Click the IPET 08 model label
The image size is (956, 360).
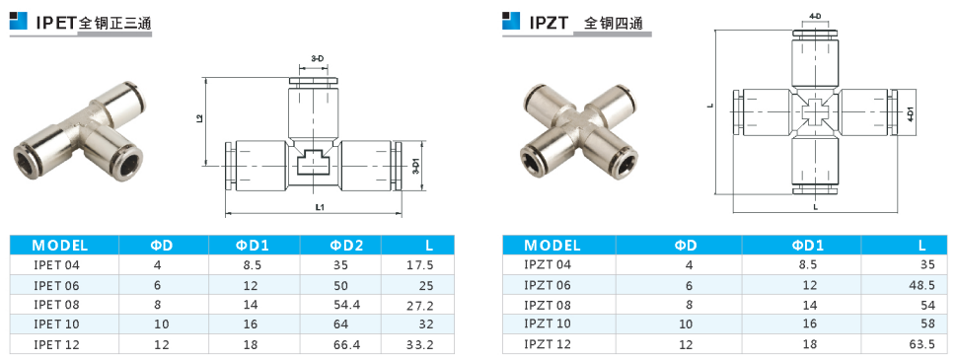pos(56,305)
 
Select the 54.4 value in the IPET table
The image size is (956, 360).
pos(347,305)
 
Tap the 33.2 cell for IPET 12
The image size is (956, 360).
pos(419,345)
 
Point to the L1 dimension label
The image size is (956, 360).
pos(320,207)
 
